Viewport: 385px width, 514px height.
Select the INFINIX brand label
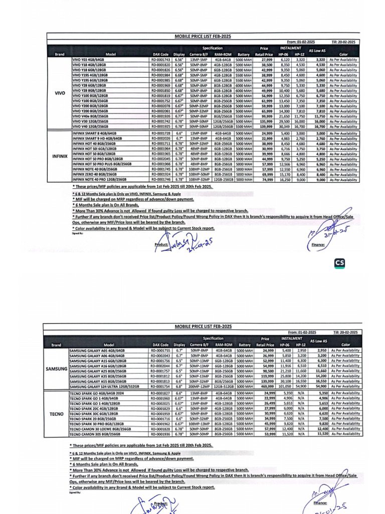pyautogui.click(x=59, y=156)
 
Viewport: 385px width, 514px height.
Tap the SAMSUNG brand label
pyautogui.click(x=56, y=369)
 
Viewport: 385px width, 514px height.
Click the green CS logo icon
pyautogui.click(x=339, y=263)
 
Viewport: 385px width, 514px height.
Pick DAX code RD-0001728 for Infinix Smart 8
pyautogui.click(x=160, y=133)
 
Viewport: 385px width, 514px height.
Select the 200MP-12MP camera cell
pyautogui.click(x=199, y=387)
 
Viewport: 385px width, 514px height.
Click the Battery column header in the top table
pyautogui.click(x=244, y=54)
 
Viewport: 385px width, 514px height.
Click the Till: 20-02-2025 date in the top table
pyautogui.click(x=344, y=42)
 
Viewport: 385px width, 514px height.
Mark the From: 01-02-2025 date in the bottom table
pyautogui.click(x=302, y=333)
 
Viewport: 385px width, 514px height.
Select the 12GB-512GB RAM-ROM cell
pyautogui.click(x=223, y=387)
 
